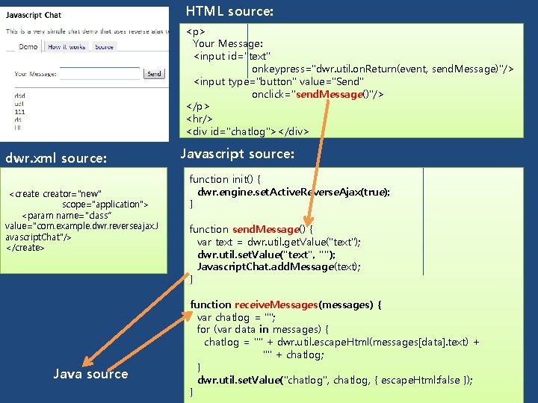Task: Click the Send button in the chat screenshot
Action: (154, 74)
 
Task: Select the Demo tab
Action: (28, 47)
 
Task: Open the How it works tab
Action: (67, 47)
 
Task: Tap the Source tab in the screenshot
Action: (105, 47)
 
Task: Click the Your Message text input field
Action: (100, 74)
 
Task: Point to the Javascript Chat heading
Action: (34, 15)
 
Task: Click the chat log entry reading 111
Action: (20, 110)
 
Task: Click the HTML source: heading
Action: (229, 12)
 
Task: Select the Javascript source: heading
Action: (237, 154)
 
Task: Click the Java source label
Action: (90, 374)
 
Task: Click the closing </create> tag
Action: (25, 248)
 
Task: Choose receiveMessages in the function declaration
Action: (276, 304)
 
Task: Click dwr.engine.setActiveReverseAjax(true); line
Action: (293, 192)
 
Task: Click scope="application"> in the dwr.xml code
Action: (105, 204)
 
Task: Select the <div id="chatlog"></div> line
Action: (247, 132)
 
